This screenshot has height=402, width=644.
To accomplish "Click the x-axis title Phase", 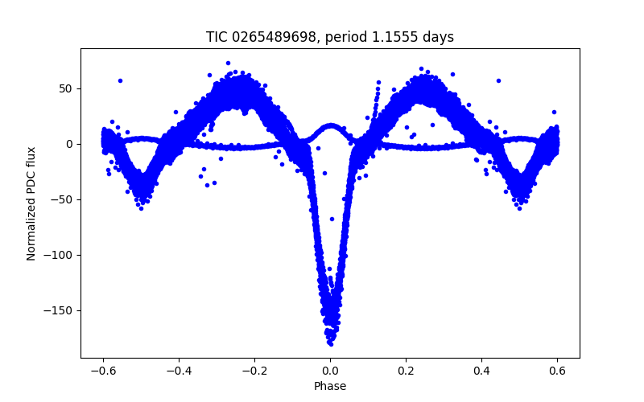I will click(x=330, y=386).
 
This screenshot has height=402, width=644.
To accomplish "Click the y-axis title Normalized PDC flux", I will click(x=31, y=203).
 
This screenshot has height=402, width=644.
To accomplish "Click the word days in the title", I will click(x=438, y=37).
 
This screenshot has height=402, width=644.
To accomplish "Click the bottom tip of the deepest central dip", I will click(x=330, y=343).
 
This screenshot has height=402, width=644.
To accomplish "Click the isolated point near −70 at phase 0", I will click(x=332, y=219).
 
